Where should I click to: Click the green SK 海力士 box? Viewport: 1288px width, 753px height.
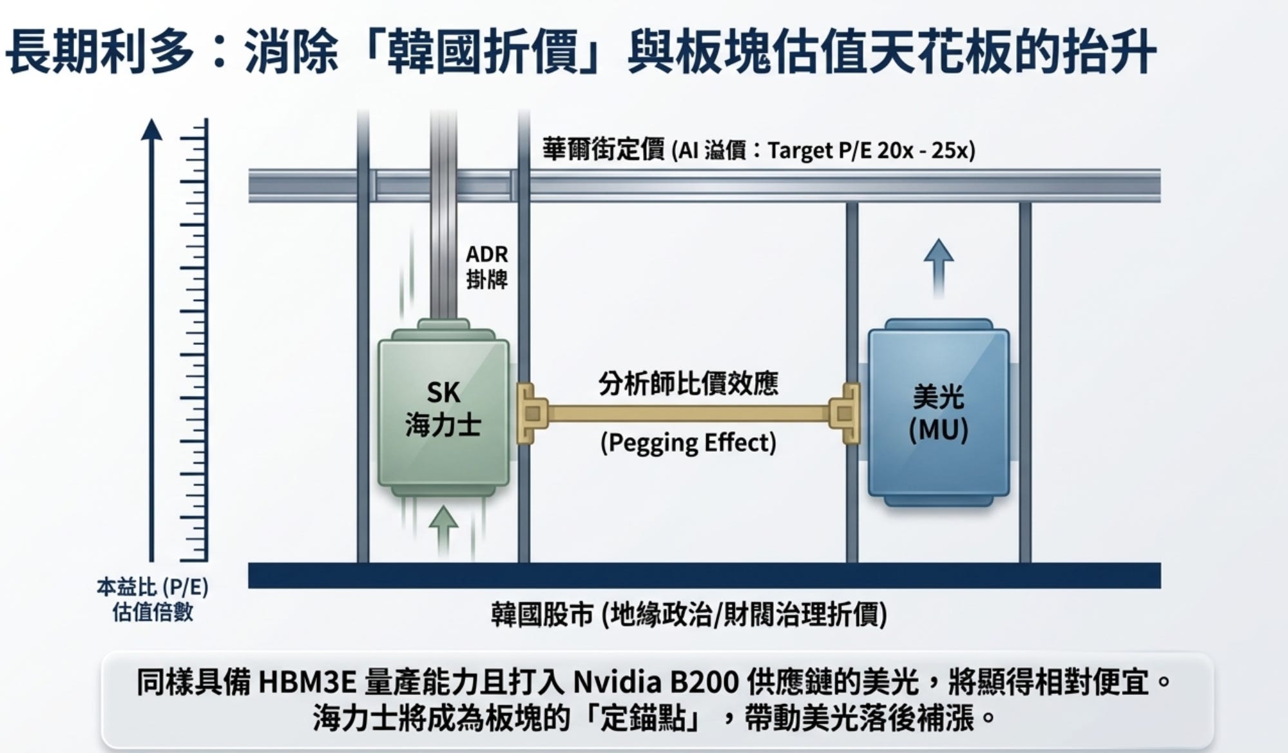click(x=443, y=413)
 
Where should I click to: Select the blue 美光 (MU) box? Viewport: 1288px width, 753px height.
click(x=938, y=413)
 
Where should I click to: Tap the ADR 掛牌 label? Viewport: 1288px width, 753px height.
click(x=486, y=267)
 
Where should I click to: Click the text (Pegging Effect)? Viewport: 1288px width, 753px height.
click(x=688, y=444)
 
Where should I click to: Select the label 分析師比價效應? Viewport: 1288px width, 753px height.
click(x=688, y=384)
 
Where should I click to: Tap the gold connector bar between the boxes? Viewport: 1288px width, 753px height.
click(x=688, y=413)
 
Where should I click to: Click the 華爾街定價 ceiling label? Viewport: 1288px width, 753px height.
click(x=603, y=150)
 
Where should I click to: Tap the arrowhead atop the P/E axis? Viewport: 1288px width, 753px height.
click(x=151, y=128)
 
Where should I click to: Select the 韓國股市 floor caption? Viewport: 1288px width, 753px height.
click(x=688, y=614)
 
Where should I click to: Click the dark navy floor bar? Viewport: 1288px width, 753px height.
click(x=704, y=575)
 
